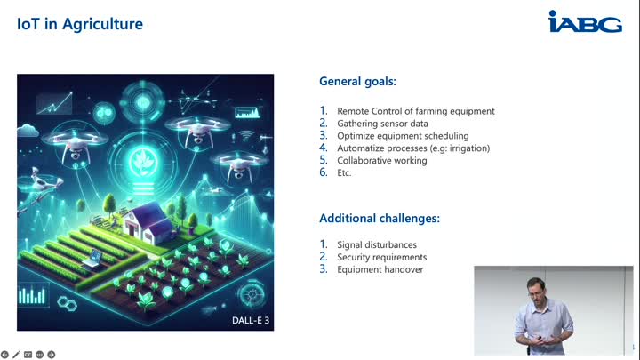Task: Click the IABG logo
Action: [x=585, y=21]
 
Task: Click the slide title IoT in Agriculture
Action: [x=80, y=24]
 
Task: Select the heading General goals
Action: [x=357, y=81]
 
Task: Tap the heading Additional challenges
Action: [x=380, y=219]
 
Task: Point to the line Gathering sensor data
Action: [x=382, y=124]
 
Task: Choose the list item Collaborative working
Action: [x=382, y=160]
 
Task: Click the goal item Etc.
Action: [x=344, y=172]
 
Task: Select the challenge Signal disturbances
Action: [x=377, y=245]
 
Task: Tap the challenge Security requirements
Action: [x=382, y=257]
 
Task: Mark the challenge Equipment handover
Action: [x=380, y=269]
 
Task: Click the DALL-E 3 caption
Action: [x=251, y=320]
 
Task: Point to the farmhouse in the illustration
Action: [x=147, y=222]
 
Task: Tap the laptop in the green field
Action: [x=93, y=259]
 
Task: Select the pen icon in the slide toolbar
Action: [x=16, y=355]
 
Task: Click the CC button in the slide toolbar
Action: [x=28, y=355]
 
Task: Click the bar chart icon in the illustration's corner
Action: [x=32, y=295]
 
